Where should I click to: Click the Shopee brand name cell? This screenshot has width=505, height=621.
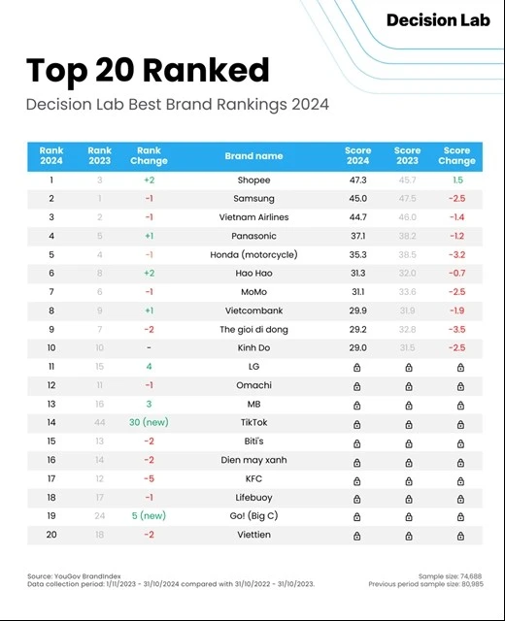[x=253, y=180]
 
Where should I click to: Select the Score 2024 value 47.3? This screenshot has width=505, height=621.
[x=357, y=180]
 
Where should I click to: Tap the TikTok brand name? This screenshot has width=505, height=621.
[x=253, y=423]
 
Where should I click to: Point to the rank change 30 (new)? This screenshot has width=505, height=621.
[x=149, y=423]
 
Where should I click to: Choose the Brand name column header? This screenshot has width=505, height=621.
[x=253, y=156]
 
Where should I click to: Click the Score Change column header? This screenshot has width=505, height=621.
[x=456, y=156]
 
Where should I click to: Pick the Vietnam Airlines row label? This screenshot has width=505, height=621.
[x=253, y=217]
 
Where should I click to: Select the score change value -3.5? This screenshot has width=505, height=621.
[x=456, y=330]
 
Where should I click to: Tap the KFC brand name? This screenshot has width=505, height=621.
[x=253, y=479]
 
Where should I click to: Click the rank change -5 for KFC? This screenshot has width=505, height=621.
[x=149, y=479]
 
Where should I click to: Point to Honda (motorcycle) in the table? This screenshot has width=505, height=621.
[x=253, y=255]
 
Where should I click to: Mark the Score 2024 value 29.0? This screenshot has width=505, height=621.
[x=357, y=348]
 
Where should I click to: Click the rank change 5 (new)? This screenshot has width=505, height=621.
[x=149, y=516]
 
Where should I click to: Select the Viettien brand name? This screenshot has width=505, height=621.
[x=253, y=535]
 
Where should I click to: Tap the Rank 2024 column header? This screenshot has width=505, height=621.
[x=51, y=156]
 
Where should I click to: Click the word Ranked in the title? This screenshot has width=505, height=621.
[x=208, y=71]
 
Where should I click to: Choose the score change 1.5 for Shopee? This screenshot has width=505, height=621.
[x=456, y=180]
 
